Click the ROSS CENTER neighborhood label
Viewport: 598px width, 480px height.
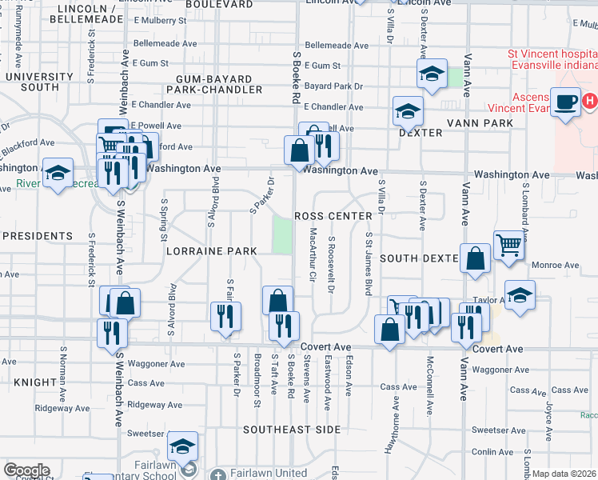click(x=333, y=217)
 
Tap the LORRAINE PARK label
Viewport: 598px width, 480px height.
click(x=211, y=251)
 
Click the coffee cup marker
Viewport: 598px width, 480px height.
click(x=565, y=102)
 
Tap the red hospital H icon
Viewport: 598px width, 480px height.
click(x=590, y=101)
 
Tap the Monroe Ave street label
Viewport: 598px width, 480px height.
click(x=560, y=266)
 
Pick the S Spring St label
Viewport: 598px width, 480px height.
click(x=165, y=219)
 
